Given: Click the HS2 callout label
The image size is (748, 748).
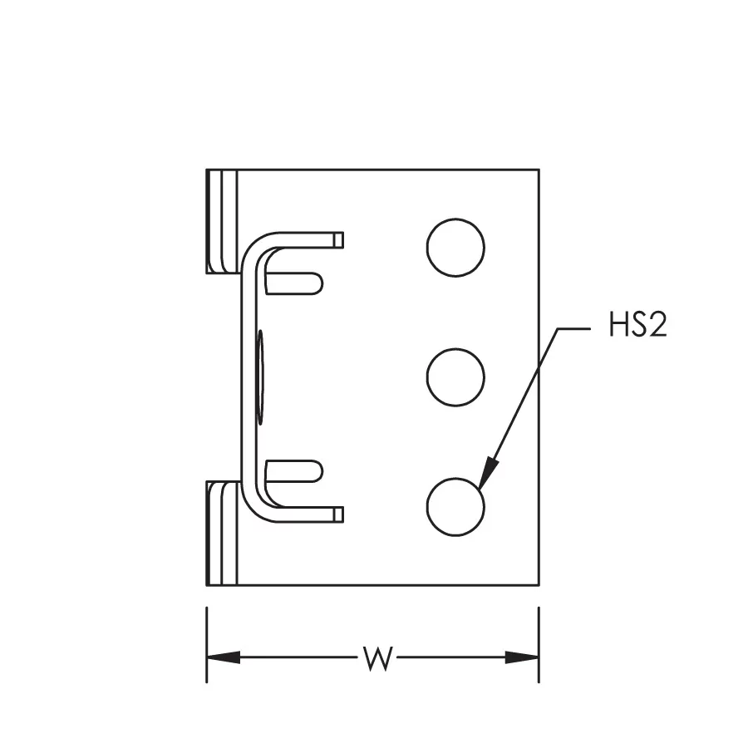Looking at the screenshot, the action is click(x=637, y=324).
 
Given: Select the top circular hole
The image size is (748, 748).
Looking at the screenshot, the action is click(x=455, y=247).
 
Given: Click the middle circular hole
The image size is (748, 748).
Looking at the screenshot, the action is click(x=455, y=376).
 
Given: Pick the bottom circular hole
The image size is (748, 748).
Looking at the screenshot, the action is click(x=455, y=507).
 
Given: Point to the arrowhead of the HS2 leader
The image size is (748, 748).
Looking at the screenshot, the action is click(x=488, y=473).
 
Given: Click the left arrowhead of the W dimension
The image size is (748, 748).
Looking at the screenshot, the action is click(x=224, y=657).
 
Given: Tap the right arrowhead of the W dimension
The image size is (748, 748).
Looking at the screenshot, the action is click(x=522, y=657).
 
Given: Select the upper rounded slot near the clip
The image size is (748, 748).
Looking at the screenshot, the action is click(x=294, y=283).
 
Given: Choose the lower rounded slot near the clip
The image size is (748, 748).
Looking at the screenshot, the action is click(x=294, y=471).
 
